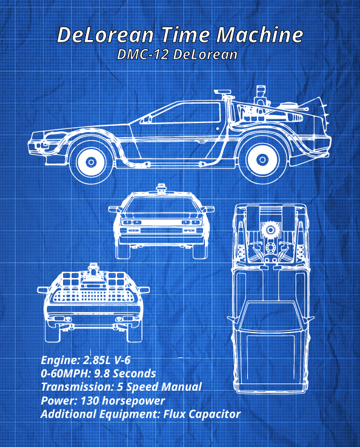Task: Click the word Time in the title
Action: (x=185, y=35)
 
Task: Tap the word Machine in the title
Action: (x=259, y=35)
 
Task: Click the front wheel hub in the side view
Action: (x=91, y=162)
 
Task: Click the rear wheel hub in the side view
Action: (x=262, y=160)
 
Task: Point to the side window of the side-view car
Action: (x=187, y=113)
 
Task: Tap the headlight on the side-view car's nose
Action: (x=44, y=144)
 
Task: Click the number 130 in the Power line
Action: (x=90, y=400)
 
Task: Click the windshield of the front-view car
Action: (x=161, y=205)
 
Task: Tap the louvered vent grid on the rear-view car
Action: (x=92, y=296)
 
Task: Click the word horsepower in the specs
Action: (x=133, y=401)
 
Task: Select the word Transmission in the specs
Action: (x=78, y=387)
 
